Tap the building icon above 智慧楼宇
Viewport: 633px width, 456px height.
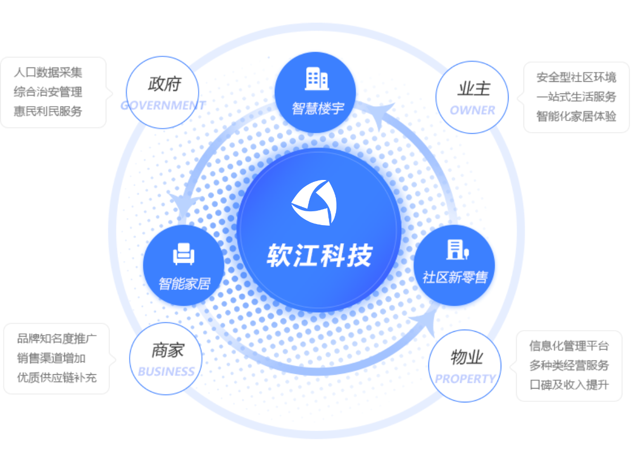pyautogui.click(x=317, y=79)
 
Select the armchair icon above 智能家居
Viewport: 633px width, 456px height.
pyautogui.click(x=184, y=254)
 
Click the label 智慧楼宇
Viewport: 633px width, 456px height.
pyautogui.click(x=318, y=109)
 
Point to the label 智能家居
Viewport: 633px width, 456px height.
pyautogui.click(x=184, y=283)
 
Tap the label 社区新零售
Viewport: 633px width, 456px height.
pyautogui.click(x=454, y=277)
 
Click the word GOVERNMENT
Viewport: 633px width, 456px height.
pyautogui.click(x=163, y=105)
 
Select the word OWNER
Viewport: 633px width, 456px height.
pyautogui.click(x=472, y=110)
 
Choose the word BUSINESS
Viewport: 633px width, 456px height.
pyautogui.click(x=166, y=371)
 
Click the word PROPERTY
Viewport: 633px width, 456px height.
pyautogui.click(x=465, y=379)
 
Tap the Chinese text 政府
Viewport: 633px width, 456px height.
pyautogui.click(x=165, y=84)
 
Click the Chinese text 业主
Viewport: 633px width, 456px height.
pyautogui.click(x=474, y=89)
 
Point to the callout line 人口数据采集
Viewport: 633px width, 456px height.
pyautogui.click(x=48, y=73)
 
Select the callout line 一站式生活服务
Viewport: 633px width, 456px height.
pyautogui.click(x=576, y=97)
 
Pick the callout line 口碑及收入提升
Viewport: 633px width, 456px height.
pyautogui.click(x=569, y=384)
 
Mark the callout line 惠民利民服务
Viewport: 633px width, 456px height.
pyautogui.click(x=48, y=111)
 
